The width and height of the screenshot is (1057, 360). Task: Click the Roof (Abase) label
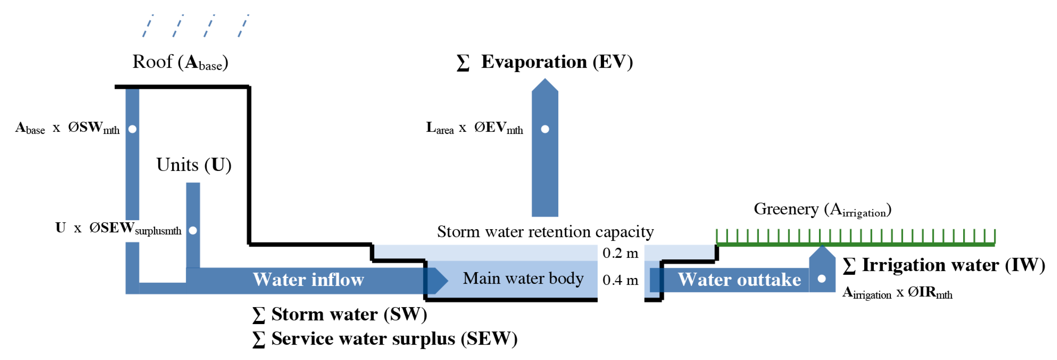180,63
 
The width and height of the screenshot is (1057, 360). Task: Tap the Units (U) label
194,165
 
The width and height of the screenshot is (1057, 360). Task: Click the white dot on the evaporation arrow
545,129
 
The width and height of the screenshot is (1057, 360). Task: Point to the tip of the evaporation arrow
545,80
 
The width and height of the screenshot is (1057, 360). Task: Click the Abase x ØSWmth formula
67,128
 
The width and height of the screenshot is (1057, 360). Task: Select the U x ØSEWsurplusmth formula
118,228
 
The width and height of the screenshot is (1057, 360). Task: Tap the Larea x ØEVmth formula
474,128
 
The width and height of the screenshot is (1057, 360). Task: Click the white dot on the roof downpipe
132,129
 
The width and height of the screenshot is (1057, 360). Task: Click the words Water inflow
308,280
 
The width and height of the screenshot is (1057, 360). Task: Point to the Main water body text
523,279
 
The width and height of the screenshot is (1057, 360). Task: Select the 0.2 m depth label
620,253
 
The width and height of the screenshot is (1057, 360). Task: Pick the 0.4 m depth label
620,280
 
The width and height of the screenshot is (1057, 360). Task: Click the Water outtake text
739,280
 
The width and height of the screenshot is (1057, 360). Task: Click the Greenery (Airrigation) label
822,210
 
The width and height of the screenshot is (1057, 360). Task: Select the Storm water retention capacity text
545,232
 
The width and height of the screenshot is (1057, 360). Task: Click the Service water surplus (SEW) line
385,339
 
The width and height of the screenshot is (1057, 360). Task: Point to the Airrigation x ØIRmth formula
897,293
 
